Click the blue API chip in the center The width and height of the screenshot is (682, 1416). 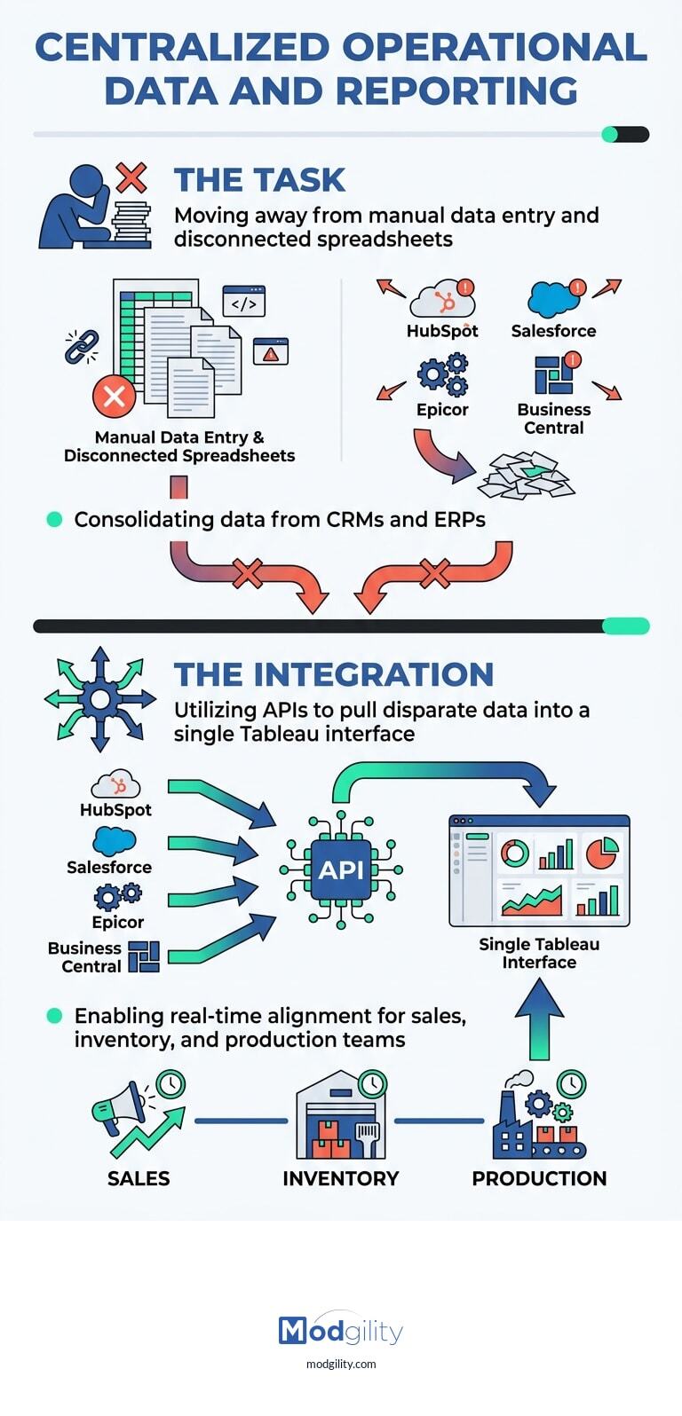pos(341,869)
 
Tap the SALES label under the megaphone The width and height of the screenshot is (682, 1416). pos(139,1178)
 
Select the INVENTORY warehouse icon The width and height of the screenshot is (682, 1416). pos(341,1116)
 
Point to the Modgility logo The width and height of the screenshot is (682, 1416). pos(341,1331)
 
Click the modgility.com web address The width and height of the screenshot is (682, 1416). pos(341,1364)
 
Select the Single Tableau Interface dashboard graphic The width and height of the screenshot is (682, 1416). pos(539,870)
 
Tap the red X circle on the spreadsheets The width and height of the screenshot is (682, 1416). pos(115,396)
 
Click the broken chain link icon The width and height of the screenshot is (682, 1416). pos(82,347)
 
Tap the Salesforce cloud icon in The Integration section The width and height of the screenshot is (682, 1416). pos(115,841)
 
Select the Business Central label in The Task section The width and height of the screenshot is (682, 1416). pos(553,419)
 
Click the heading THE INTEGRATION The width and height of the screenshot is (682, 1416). pos(333,674)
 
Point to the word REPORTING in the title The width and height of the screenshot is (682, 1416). pos(456,91)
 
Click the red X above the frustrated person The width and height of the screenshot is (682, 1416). pos(131,177)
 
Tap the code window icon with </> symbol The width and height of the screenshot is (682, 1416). pos(244,302)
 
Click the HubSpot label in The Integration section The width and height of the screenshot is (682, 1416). pos(115,810)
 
